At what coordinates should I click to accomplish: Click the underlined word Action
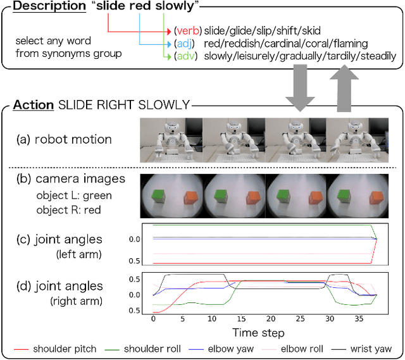[x=33, y=105]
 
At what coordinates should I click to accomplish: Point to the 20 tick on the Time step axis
[x=271, y=320]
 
